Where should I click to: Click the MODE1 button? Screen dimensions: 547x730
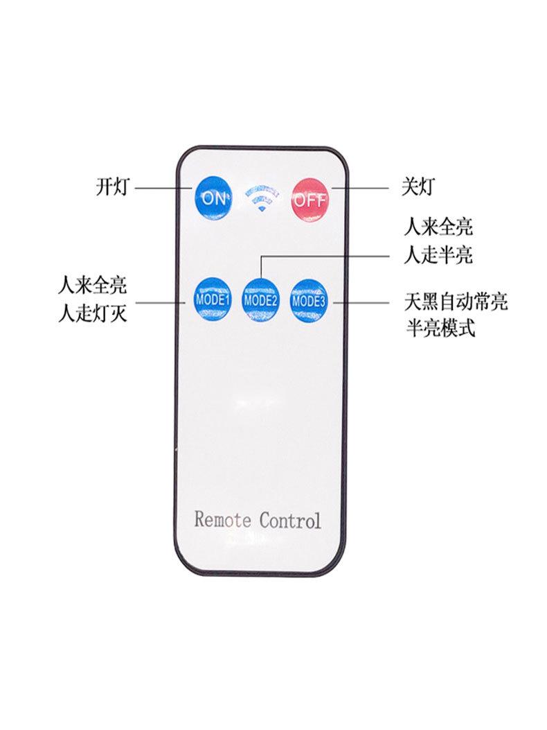click(212, 300)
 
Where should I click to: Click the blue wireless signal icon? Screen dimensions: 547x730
click(261, 198)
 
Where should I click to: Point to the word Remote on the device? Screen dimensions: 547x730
click(222, 519)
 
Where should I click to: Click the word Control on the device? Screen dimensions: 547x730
click(290, 519)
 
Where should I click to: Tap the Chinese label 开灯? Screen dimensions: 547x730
click(111, 187)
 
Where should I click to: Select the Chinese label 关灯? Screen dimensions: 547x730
click(418, 186)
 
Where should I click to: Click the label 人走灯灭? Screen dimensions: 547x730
click(93, 314)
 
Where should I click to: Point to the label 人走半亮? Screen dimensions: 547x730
click(438, 254)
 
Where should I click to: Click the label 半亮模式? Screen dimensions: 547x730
click(439, 328)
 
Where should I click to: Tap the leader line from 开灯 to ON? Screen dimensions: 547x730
click(163, 188)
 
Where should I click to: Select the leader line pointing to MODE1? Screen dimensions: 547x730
click(163, 302)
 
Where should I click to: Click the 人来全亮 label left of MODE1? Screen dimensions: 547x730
click(93, 286)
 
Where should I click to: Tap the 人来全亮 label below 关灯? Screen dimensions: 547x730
click(438, 226)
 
